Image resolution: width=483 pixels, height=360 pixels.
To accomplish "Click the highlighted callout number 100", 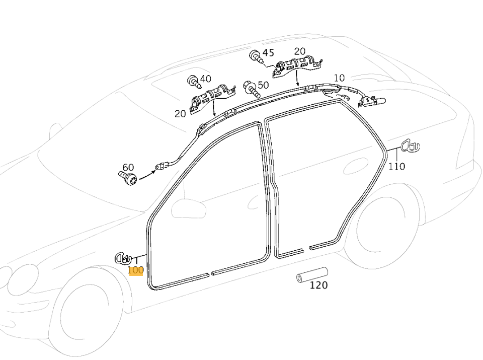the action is click(136, 270).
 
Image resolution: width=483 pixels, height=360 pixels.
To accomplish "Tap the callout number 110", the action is click(397, 167).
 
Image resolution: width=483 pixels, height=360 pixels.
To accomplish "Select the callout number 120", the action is click(318, 285).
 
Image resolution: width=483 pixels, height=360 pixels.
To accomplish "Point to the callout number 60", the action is click(128, 167).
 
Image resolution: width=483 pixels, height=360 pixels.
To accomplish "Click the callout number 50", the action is click(263, 85).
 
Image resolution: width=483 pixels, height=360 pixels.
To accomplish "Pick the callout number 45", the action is click(268, 53).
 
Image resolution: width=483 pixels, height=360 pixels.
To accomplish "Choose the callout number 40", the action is click(205, 79).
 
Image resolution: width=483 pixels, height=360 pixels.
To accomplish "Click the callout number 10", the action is click(339, 78).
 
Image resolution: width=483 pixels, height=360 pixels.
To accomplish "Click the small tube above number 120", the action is click(312, 274).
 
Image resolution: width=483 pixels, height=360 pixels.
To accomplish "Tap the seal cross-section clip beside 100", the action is click(123, 258).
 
